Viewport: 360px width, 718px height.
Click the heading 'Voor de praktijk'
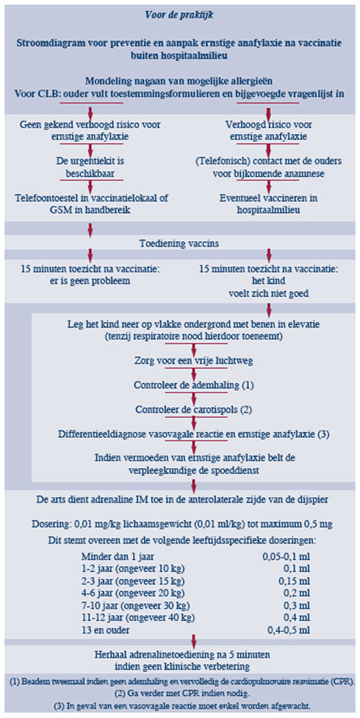179,15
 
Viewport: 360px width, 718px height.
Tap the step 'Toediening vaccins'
179,243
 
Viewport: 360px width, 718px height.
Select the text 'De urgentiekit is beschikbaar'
90,167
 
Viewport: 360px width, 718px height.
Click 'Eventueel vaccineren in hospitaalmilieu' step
268,204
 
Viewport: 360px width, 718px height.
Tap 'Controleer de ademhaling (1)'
194,384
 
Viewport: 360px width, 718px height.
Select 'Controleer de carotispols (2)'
194,409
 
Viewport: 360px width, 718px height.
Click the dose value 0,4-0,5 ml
288,629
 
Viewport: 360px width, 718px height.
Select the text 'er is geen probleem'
90,281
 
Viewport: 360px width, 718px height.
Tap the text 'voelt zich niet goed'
268,293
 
